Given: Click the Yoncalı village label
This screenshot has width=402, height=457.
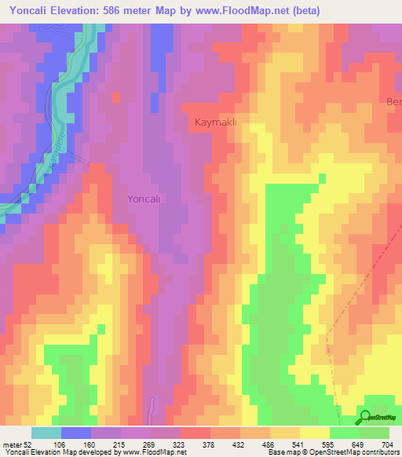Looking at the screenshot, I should pyautogui.click(x=144, y=199).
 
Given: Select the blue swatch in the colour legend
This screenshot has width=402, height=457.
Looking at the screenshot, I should pyautogui.click(x=76, y=433).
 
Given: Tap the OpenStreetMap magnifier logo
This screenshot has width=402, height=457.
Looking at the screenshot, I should pyautogui.click(x=366, y=417).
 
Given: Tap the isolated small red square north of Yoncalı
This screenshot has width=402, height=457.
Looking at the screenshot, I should pyautogui.click(x=117, y=97).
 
